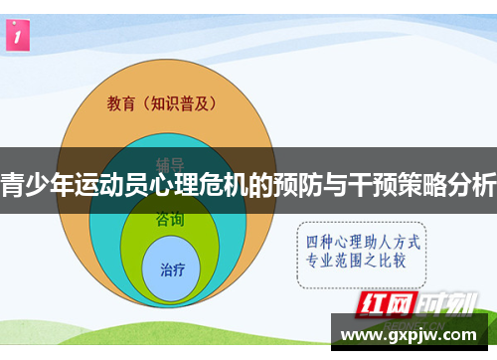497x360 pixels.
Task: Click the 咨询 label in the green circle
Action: point(170,220)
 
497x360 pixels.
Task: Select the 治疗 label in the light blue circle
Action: point(172,269)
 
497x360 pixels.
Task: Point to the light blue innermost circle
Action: point(172,267)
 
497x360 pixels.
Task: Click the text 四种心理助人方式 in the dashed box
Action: point(363,242)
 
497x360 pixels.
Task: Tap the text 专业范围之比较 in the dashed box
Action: point(363,262)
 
